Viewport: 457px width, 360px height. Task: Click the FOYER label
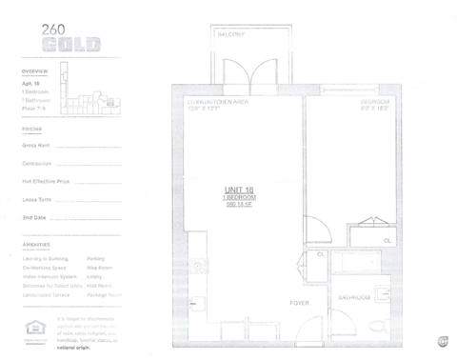coord(300,303)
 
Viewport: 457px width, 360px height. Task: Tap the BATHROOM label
coord(354,299)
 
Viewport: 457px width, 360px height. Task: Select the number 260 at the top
coord(54,30)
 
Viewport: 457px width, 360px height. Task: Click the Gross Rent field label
coord(37,146)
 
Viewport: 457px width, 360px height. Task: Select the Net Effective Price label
coord(45,180)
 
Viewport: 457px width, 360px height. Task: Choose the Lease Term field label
coord(36,199)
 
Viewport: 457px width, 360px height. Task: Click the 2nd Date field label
coord(34,217)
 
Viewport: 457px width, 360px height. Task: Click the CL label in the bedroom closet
coord(387,242)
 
